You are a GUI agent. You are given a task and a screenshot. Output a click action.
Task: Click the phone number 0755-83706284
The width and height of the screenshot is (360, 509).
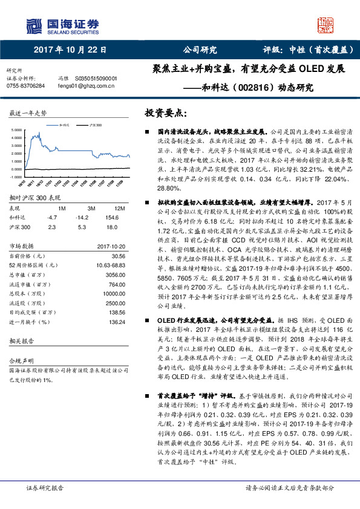coord(25,86)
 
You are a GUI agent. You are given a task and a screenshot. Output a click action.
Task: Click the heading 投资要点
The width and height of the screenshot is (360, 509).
coord(165,114)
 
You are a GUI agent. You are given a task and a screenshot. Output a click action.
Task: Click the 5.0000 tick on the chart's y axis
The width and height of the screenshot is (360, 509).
coord(16,130)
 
